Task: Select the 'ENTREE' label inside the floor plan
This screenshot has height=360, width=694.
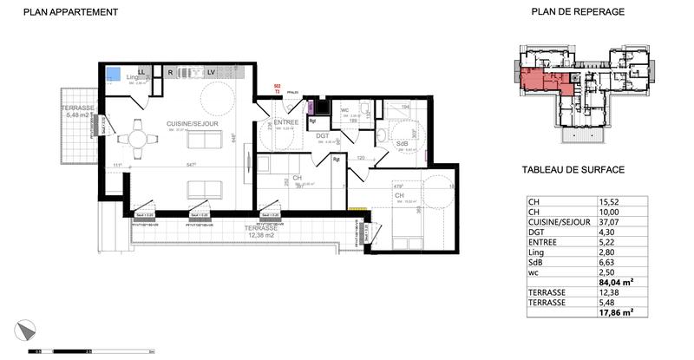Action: coord(286,122)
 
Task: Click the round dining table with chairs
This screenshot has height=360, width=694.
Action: coord(139,136)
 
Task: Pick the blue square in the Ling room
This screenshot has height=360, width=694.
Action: coord(112,74)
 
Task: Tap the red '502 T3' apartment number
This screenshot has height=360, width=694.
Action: coord(276,88)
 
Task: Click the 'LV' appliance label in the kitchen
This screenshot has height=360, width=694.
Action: coord(211,72)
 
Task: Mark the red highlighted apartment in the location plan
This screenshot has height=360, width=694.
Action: coord(542,82)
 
